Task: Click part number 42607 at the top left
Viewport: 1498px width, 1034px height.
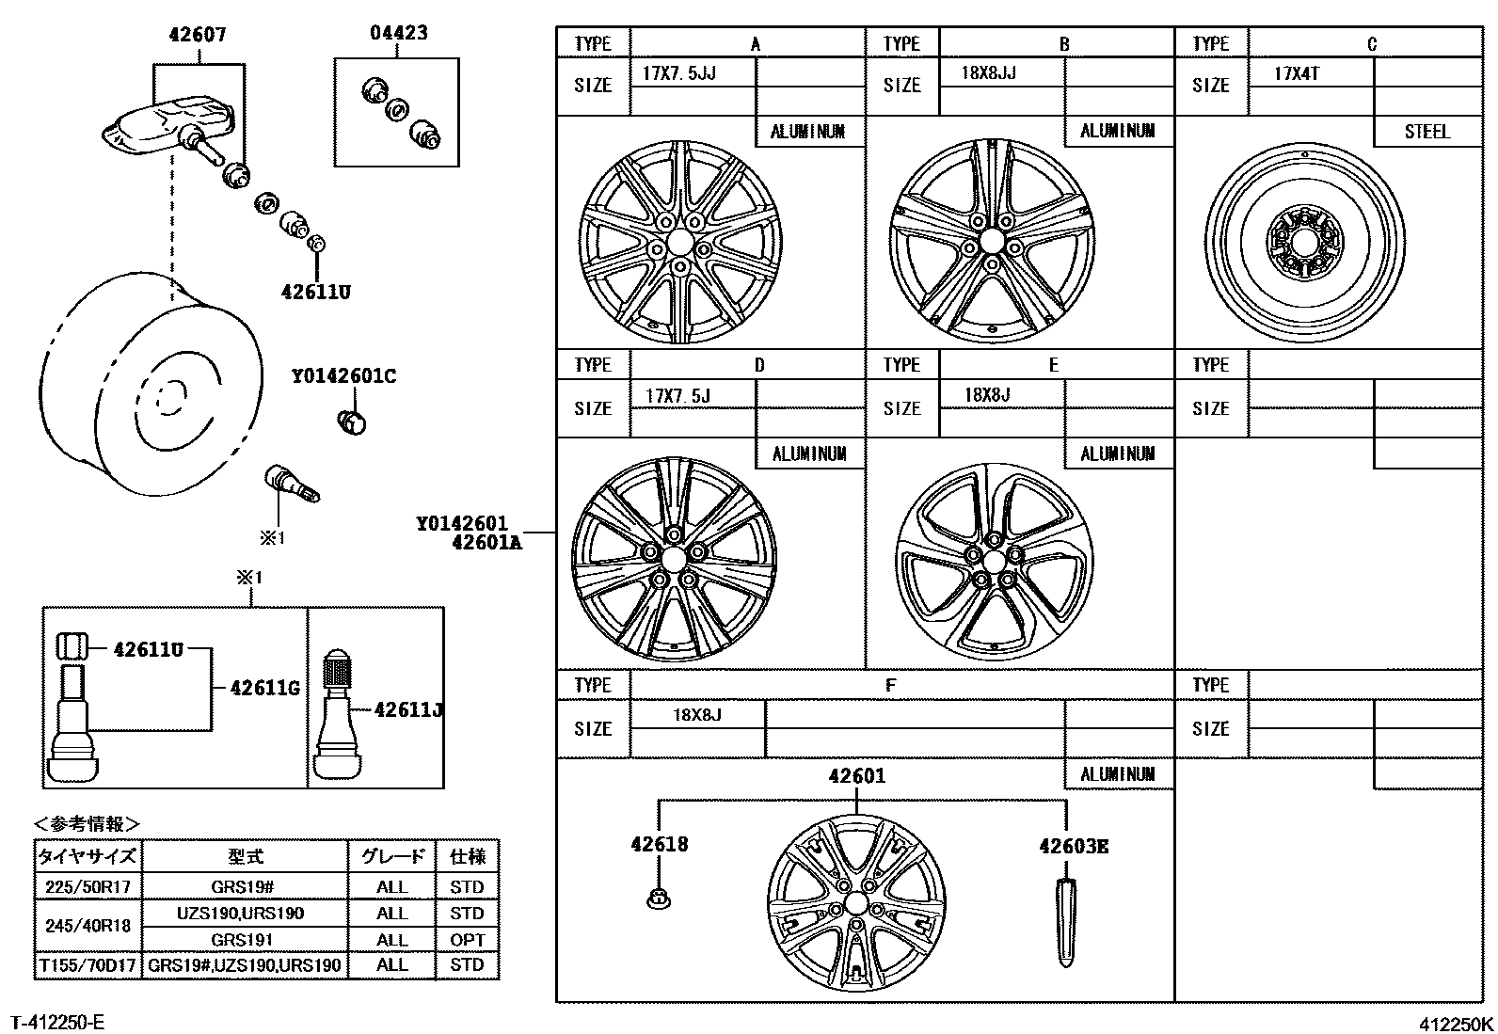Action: tap(198, 36)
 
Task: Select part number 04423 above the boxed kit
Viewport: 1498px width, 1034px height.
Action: tap(398, 33)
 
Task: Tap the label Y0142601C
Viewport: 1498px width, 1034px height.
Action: tap(343, 376)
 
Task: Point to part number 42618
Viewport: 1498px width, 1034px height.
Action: tap(659, 845)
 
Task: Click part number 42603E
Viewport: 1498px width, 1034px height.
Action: tap(1074, 847)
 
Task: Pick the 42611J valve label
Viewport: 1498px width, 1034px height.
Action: tap(408, 710)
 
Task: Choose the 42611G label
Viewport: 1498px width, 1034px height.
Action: tap(264, 689)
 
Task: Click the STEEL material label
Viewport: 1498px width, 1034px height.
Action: tap(1426, 132)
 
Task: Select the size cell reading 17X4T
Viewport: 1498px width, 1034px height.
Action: tap(1297, 73)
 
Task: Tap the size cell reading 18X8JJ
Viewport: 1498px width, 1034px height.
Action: tap(988, 73)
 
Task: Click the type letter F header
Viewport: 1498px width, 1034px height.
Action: tap(890, 685)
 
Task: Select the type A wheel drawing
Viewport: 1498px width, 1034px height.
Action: tap(679, 243)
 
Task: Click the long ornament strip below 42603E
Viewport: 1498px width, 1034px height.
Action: tap(1065, 922)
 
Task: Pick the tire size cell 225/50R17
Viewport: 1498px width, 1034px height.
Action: tap(88, 886)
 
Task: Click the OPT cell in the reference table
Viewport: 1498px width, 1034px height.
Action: tap(467, 939)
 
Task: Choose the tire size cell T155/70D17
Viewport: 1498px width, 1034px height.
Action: tap(88, 964)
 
